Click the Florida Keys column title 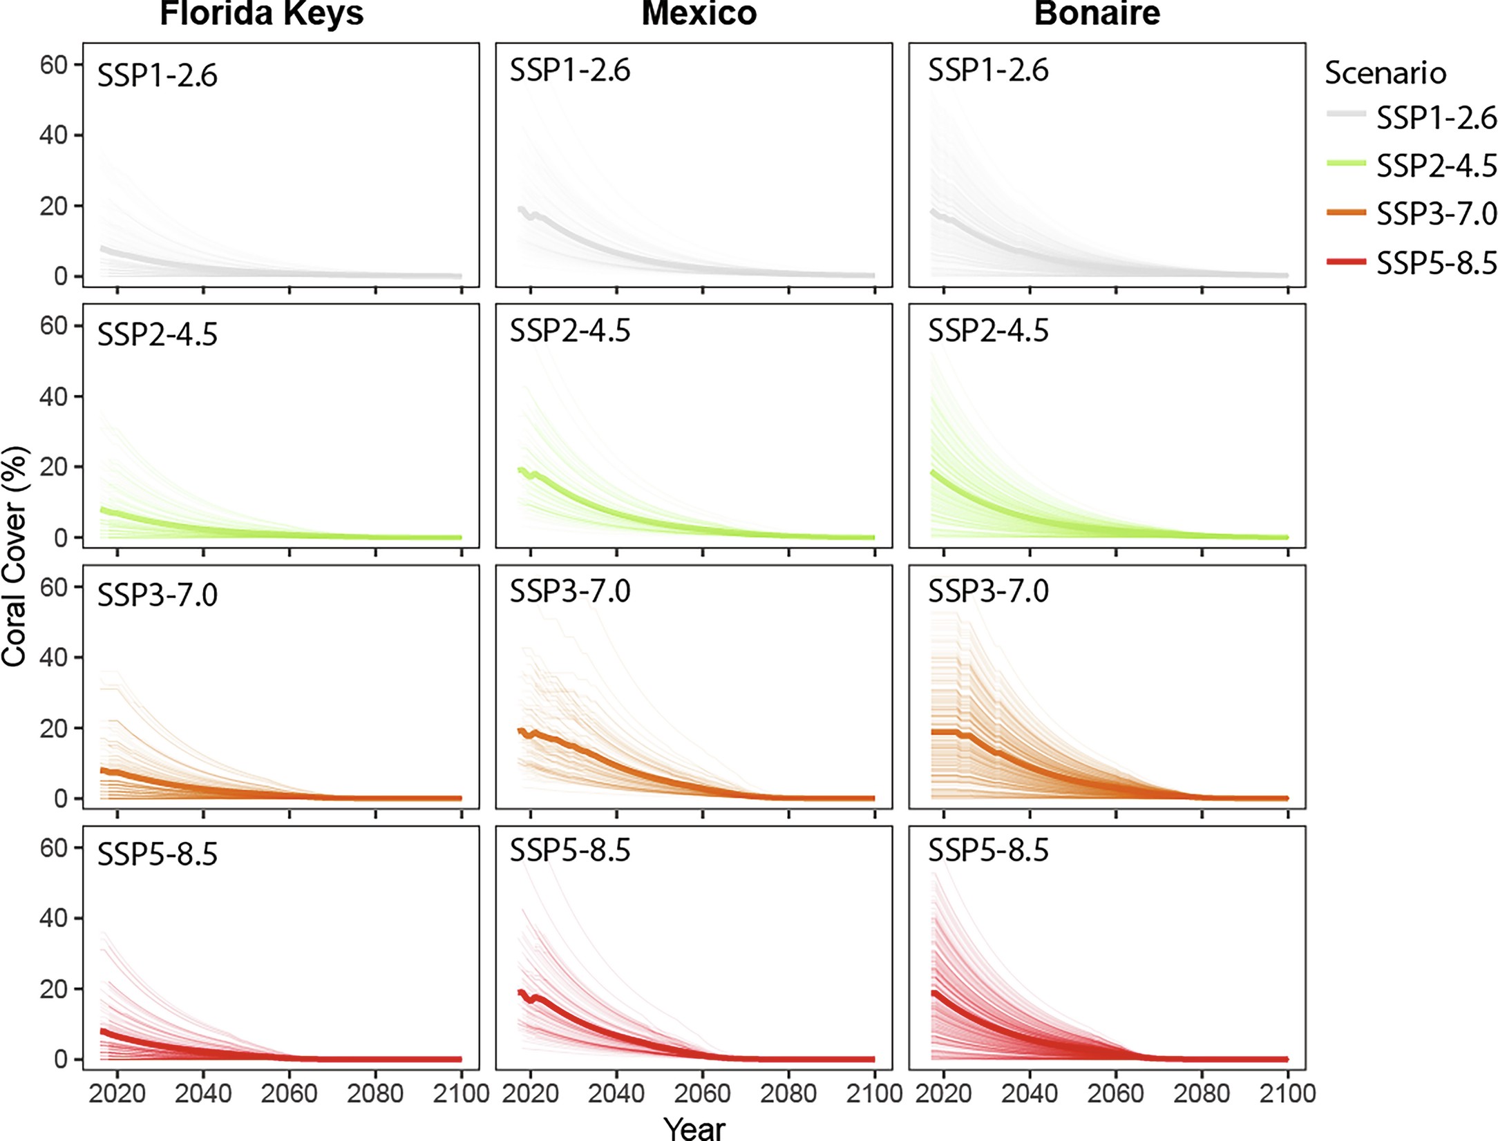[x=261, y=14]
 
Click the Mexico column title [x=699, y=14]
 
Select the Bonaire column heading [x=1097, y=14]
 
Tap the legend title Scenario [x=1385, y=73]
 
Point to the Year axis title [x=694, y=1128]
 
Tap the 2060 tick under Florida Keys [x=289, y=1093]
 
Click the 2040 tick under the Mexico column [x=616, y=1093]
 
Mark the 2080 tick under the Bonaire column [x=1202, y=1093]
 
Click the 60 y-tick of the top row [x=53, y=65]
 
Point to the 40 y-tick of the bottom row [x=53, y=918]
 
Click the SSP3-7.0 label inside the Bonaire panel [x=988, y=591]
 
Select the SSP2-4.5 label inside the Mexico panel [x=570, y=331]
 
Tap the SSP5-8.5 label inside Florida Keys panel [x=158, y=854]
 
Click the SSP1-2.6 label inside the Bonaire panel [x=988, y=70]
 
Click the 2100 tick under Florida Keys [x=461, y=1093]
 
